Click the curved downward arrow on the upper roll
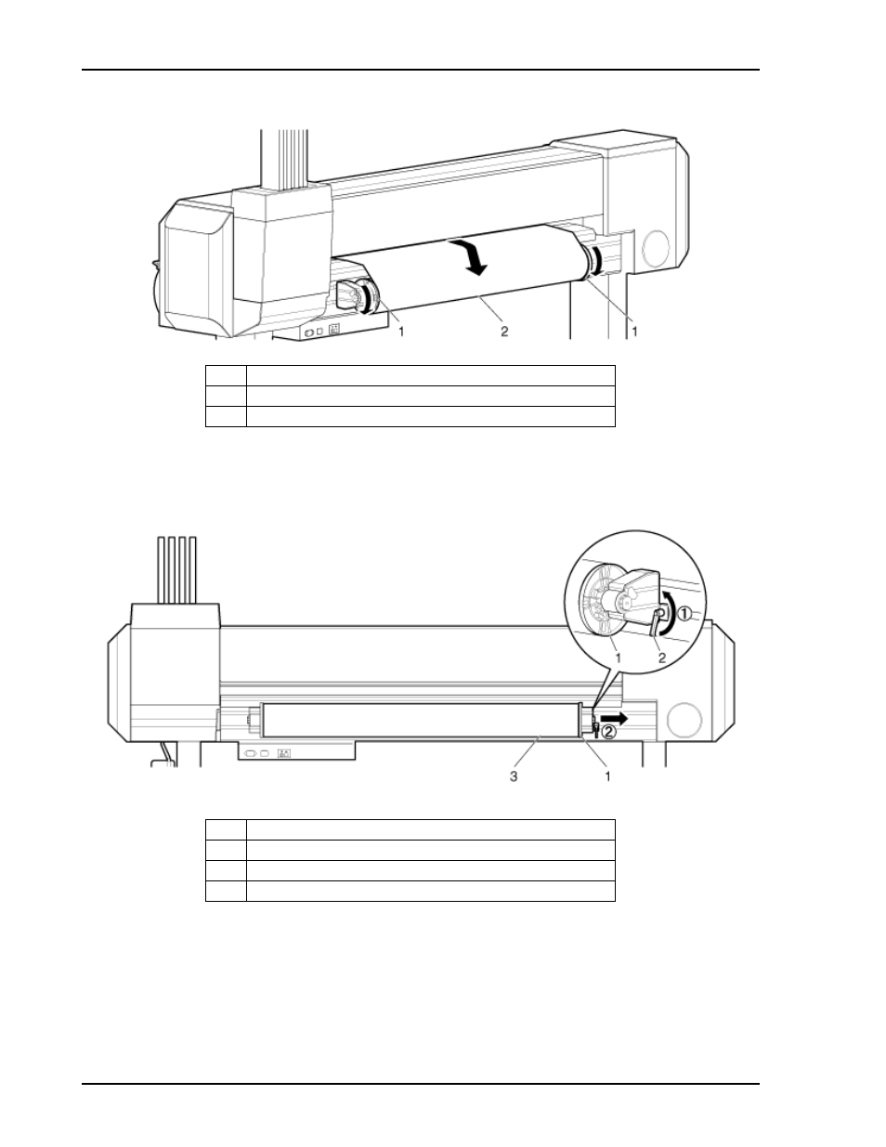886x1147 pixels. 470,256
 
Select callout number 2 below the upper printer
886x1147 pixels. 504,332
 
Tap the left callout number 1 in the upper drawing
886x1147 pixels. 401,332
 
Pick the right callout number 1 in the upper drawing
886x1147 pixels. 635,332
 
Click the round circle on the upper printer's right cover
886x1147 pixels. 656,248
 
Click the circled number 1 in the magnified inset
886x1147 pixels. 684,614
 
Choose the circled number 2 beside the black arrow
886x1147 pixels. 608,732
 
